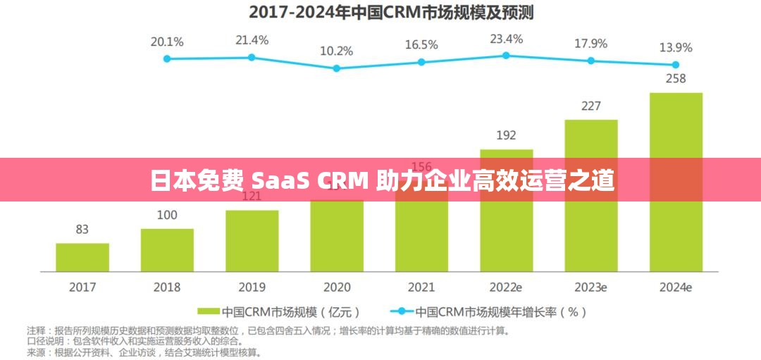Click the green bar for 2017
82,257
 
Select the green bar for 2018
167,250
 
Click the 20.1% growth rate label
167,42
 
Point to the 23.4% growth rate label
506,39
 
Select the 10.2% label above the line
336,51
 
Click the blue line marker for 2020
336,68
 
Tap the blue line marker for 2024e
676,64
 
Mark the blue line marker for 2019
252,56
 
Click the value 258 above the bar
676,78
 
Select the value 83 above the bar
82,229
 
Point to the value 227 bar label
590,106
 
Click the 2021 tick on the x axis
421,287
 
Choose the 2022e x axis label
506,287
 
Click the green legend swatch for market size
209,311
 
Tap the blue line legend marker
402,311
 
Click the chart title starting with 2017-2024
380,11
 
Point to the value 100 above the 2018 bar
167,215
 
